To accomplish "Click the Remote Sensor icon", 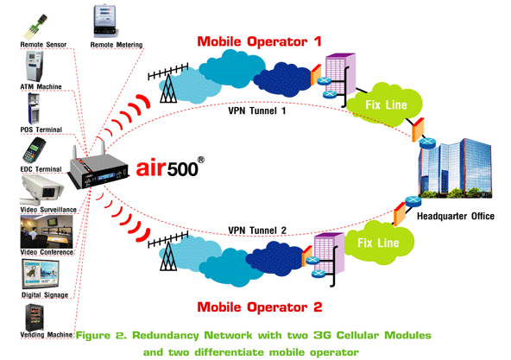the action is [35, 27].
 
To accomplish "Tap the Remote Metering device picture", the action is [104, 22].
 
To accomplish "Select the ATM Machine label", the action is [41, 86].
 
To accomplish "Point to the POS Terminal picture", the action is [34, 108].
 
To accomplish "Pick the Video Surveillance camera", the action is [41, 190].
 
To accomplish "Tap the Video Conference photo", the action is [47, 231].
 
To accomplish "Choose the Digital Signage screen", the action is [41, 274].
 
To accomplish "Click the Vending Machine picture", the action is [35, 317].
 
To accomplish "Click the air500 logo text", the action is [170, 167].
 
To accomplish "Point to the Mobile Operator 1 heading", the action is [260, 41].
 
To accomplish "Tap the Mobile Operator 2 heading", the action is [260, 307].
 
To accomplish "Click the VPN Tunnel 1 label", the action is [257, 111].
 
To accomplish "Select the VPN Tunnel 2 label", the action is [257, 231].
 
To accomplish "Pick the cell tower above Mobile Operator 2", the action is [168, 251].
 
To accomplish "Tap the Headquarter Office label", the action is [456, 216].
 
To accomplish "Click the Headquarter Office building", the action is [455, 168].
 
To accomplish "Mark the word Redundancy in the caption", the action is [165, 336].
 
